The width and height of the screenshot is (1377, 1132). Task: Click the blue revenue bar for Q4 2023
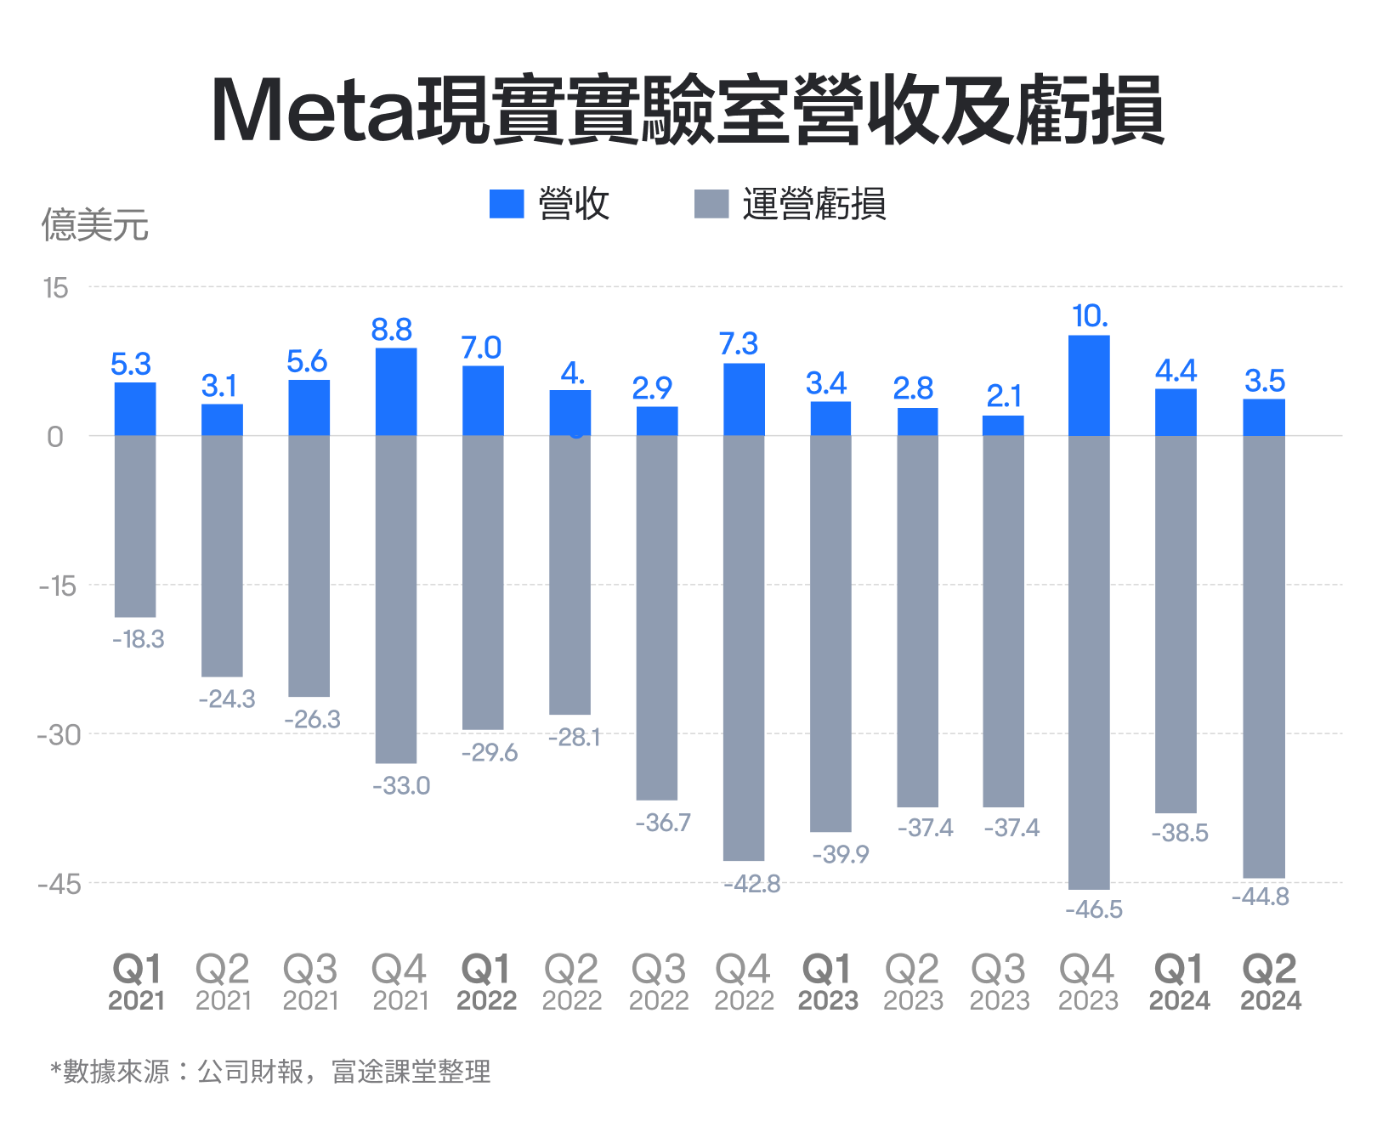pos(1089,386)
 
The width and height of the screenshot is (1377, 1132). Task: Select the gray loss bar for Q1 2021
pos(135,526)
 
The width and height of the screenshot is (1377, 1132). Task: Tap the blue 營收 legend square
pos(507,204)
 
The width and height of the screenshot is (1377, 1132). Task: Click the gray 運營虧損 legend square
pos(711,204)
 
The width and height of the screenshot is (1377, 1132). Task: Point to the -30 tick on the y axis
pos(59,735)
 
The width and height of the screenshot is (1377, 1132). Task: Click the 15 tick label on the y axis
pos(55,288)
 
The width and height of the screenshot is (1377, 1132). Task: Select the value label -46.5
pos(1094,909)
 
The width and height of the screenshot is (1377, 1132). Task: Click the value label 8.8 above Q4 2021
pos(392,330)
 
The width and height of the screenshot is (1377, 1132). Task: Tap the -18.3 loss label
pos(139,639)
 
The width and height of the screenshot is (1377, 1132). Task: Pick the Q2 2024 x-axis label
pos(1270,982)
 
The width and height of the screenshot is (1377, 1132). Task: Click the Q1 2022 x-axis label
pos(486,982)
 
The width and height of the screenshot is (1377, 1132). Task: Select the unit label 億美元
pos(95,225)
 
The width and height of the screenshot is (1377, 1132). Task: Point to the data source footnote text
pos(270,1071)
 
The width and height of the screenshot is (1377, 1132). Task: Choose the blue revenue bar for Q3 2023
pos(1003,426)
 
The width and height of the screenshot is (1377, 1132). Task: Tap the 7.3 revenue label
pos(738,344)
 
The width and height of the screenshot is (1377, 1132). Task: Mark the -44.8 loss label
pos(1261,897)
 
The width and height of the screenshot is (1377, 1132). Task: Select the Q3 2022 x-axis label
pos(659,982)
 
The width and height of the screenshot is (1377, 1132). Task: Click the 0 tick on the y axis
pos(55,437)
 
